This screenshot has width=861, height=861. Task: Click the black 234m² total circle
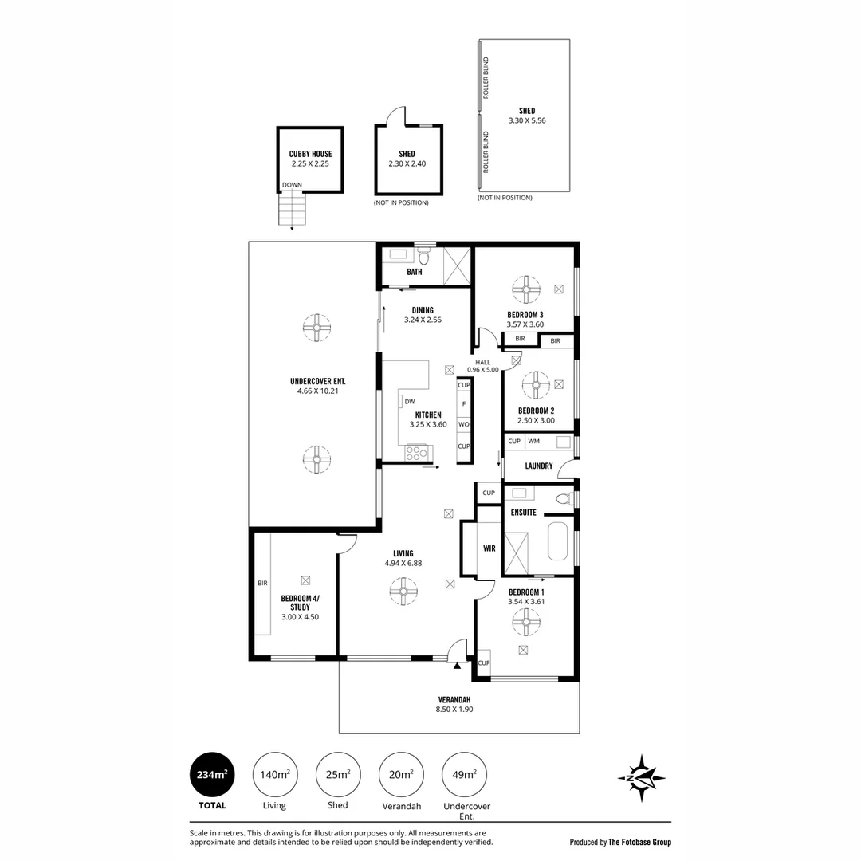click(x=212, y=774)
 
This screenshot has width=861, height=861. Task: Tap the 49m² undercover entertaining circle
click(x=464, y=774)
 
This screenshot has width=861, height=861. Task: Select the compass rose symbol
click(x=641, y=777)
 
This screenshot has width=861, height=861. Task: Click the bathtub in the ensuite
click(x=557, y=541)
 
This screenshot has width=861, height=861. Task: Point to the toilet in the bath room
click(x=424, y=256)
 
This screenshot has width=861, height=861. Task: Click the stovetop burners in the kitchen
click(x=415, y=453)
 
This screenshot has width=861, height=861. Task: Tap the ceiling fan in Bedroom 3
click(x=526, y=289)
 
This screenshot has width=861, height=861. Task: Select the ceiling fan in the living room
click(x=403, y=591)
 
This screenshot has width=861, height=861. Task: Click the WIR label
click(x=489, y=548)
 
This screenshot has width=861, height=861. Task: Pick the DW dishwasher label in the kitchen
click(x=410, y=401)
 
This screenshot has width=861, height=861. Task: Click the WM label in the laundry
click(x=533, y=441)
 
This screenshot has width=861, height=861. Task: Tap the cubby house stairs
click(x=292, y=209)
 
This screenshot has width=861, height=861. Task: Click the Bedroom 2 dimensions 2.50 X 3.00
click(x=536, y=420)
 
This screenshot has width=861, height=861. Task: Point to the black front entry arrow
click(x=457, y=666)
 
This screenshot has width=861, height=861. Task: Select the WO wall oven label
click(x=464, y=424)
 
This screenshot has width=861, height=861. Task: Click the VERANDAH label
click(x=454, y=700)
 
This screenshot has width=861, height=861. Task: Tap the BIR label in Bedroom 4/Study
click(x=262, y=583)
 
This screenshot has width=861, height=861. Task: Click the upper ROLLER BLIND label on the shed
click(x=486, y=78)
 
